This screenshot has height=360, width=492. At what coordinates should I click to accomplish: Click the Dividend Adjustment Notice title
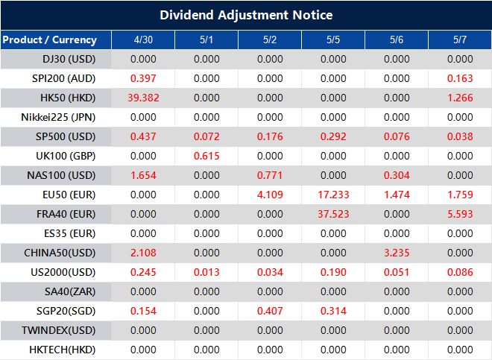pyautogui.click(x=246, y=15)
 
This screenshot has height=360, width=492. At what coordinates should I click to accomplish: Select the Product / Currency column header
pyautogui.click(x=49, y=40)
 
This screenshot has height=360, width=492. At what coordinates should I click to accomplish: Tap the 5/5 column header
pyautogui.click(x=333, y=40)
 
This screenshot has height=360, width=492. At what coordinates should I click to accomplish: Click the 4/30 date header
pyautogui.click(x=143, y=40)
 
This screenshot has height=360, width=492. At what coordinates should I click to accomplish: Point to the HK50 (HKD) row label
pyautogui.click(x=68, y=98)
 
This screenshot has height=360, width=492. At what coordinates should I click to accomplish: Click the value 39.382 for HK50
pyautogui.click(x=143, y=98)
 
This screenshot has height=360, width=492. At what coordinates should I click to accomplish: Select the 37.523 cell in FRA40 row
pyautogui.click(x=333, y=214)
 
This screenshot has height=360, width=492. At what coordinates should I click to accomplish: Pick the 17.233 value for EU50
pyautogui.click(x=333, y=195)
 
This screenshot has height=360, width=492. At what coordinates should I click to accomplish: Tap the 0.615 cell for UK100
pyautogui.click(x=206, y=156)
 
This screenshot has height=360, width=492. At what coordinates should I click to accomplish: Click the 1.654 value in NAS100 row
pyautogui.click(x=143, y=175)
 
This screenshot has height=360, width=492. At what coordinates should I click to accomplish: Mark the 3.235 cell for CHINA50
pyautogui.click(x=397, y=253)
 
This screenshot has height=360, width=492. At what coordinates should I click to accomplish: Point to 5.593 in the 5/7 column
pyautogui.click(x=460, y=214)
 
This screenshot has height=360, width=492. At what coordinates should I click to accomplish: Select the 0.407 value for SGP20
pyautogui.click(x=270, y=311)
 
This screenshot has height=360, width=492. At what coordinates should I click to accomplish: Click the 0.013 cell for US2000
pyautogui.click(x=206, y=272)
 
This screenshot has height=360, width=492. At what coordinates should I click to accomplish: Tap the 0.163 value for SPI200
pyautogui.click(x=460, y=78)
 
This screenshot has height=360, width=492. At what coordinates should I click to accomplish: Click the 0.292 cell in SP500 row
pyautogui.click(x=333, y=136)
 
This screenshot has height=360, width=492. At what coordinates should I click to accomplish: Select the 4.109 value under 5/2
pyautogui.click(x=270, y=195)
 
